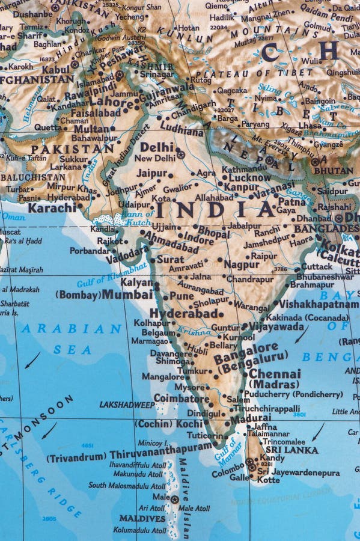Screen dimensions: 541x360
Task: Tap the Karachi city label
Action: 52,207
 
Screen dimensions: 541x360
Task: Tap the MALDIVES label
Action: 142,518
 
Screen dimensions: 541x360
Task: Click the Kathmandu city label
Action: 243,169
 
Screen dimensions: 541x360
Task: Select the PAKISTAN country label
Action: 72,148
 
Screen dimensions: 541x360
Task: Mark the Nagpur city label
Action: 241,264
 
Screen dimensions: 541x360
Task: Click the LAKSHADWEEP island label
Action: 127,405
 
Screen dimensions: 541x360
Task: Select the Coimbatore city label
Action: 181,397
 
